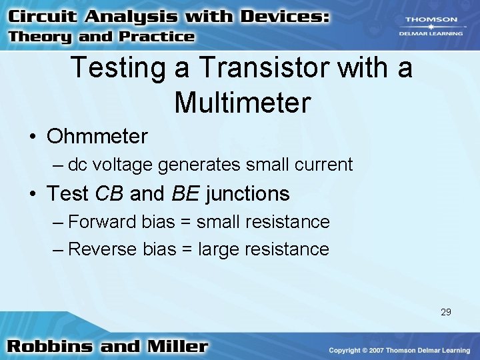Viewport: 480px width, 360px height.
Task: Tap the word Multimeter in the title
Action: pos(243,103)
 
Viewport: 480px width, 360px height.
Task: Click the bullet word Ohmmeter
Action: pos(97,137)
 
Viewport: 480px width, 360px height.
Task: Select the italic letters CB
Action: pos(110,194)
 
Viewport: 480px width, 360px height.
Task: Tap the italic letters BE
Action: pos(186,194)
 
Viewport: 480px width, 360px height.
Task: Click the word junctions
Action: pos(248,194)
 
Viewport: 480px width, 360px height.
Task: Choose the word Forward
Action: pos(103,221)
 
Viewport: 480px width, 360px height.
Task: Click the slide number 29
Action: pos(446,311)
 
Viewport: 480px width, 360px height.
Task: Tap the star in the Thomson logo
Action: pos(429,27)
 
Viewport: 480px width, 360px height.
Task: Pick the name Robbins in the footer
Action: pos(52,347)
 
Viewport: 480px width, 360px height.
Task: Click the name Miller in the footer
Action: pos(175,347)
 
